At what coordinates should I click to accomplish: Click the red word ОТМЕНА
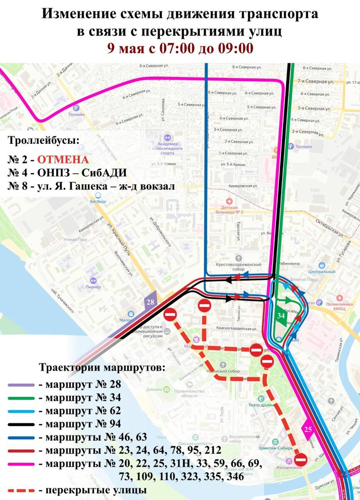(62, 160)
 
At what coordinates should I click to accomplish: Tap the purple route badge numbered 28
(150, 302)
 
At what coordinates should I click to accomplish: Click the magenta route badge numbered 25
(308, 429)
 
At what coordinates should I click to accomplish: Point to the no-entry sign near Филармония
(301, 460)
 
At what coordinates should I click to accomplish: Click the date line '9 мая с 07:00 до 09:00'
(180, 48)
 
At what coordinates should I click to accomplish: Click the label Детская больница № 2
(229, 210)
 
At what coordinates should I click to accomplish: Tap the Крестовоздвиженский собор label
(238, 267)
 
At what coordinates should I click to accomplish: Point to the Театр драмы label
(261, 405)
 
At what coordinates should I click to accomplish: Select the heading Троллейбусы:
(43, 140)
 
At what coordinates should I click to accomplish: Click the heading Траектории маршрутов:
(102, 368)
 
